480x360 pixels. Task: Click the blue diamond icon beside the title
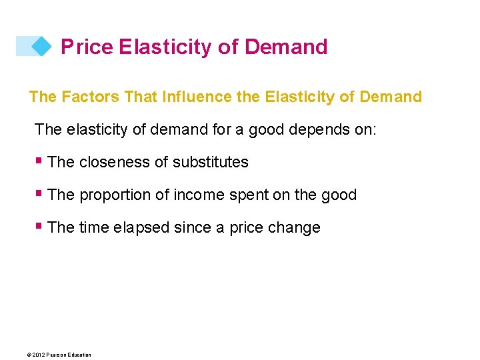(41, 46)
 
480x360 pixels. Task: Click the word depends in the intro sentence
(315, 129)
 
